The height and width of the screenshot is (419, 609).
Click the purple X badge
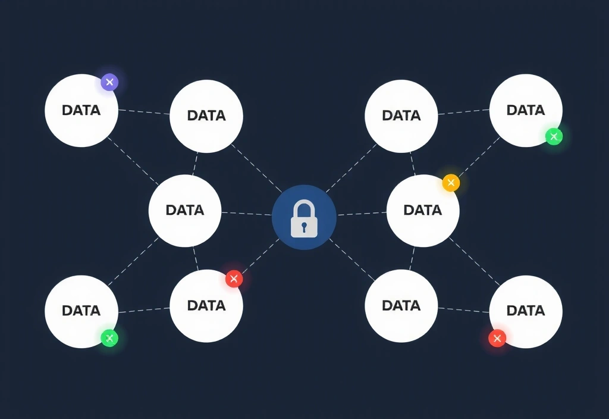pyautogui.click(x=109, y=82)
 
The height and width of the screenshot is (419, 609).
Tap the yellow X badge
pyautogui.click(x=451, y=183)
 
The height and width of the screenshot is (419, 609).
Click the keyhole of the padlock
pyautogui.click(x=304, y=226)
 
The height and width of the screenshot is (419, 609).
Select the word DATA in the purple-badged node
pyautogui.click(x=81, y=110)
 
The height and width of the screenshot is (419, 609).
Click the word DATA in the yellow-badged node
pyautogui.click(x=422, y=210)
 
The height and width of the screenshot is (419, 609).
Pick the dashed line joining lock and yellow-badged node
pyautogui.click(x=361, y=213)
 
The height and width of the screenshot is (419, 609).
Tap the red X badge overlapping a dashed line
pyautogui.click(x=234, y=278)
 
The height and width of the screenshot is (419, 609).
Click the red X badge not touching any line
pyautogui.click(x=497, y=339)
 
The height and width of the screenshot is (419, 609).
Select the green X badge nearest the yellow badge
pyautogui.click(x=554, y=137)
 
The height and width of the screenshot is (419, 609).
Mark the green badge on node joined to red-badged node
pyautogui.click(x=109, y=339)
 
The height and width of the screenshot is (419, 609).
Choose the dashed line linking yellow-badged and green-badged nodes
pyautogui.click(x=479, y=160)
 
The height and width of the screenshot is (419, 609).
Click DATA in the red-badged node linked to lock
pyautogui.click(x=206, y=305)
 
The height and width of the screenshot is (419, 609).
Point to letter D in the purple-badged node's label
pyautogui.click(x=66, y=110)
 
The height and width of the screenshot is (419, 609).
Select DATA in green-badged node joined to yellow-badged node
pyautogui.click(x=526, y=110)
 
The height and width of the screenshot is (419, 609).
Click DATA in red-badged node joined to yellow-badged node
pyautogui.click(x=526, y=310)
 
